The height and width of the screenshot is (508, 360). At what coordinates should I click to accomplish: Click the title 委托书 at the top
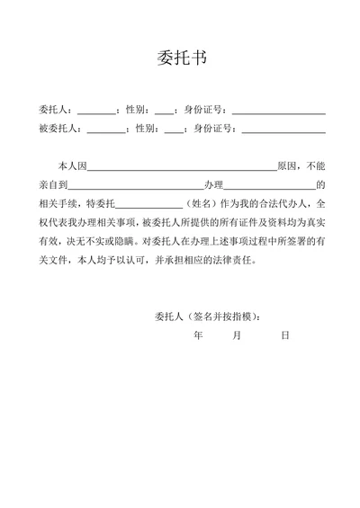click(x=180, y=60)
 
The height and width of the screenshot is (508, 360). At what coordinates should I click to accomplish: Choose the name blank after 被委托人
click(x=107, y=129)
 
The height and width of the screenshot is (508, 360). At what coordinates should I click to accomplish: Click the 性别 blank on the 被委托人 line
click(x=174, y=129)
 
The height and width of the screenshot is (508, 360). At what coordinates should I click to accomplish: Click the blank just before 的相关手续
click(x=268, y=186)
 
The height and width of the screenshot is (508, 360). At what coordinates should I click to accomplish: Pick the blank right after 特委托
click(x=148, y=205)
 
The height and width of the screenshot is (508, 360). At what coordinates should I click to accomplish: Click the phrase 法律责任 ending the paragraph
click(x=237, y=260)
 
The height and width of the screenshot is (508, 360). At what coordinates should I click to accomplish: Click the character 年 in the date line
click(x=198, y=335)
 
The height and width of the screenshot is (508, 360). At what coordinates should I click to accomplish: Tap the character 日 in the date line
click(x=285, y=335)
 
